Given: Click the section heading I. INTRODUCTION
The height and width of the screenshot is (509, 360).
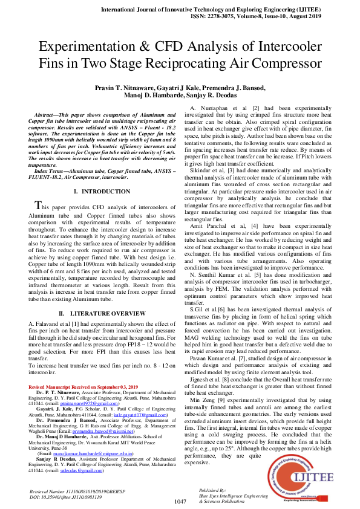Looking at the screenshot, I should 102,191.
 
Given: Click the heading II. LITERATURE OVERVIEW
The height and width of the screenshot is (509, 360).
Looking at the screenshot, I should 102,314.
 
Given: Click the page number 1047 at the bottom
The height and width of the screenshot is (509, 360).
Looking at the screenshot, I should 180,501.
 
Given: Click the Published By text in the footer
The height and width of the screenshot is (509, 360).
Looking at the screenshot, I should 212,489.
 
